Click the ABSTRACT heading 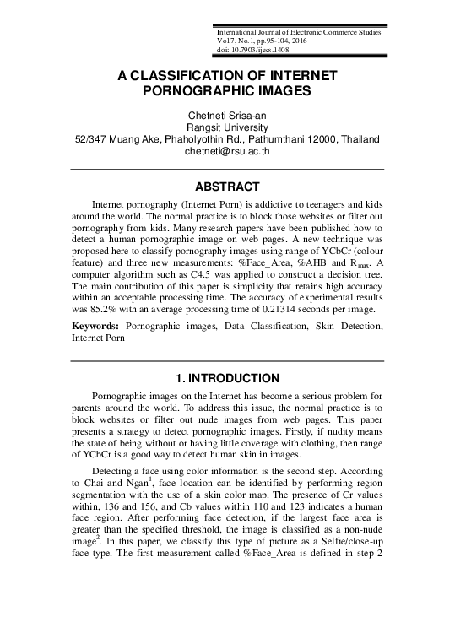pos(227,187)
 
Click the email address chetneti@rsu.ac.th pos(227,152)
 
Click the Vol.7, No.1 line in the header pos(237,41)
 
